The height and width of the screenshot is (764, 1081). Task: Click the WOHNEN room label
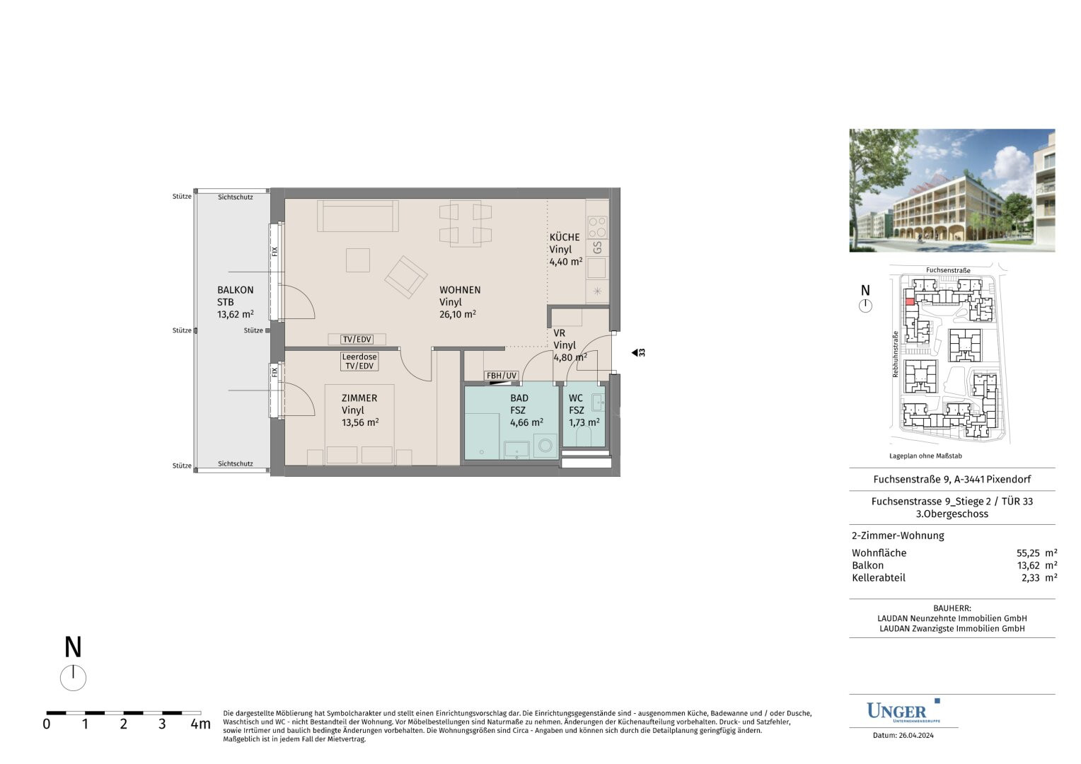click(x=459, y=290)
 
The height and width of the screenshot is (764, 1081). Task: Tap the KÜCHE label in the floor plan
click(x=564, y=237)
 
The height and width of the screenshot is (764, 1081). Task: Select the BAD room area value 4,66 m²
click(x=526, y=422)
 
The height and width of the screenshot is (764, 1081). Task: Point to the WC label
click(x=576, y=398)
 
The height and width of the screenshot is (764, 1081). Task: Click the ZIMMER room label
click(x=359, y=398)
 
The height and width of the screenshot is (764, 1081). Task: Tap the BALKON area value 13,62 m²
click(x=235, y=314)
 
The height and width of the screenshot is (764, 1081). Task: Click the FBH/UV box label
click(x=502, y=376)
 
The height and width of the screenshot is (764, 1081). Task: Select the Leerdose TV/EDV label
click(x=359, y=361)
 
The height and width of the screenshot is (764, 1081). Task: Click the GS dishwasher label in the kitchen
click(x=597, y=248)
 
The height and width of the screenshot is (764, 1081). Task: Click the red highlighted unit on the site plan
click(x=909, y=302)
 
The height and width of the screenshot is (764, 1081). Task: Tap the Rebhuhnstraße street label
click(x=895, y=354)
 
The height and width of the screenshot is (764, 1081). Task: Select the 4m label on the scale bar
click(x=200, y=724)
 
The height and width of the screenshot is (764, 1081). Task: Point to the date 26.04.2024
click(x=916, y=736)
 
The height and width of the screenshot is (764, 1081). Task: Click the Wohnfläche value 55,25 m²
click(x=1036, y=553)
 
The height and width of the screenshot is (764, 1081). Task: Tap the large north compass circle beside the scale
click(x=73, y=678)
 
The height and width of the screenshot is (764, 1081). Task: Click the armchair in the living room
click(x=406, y=277)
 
